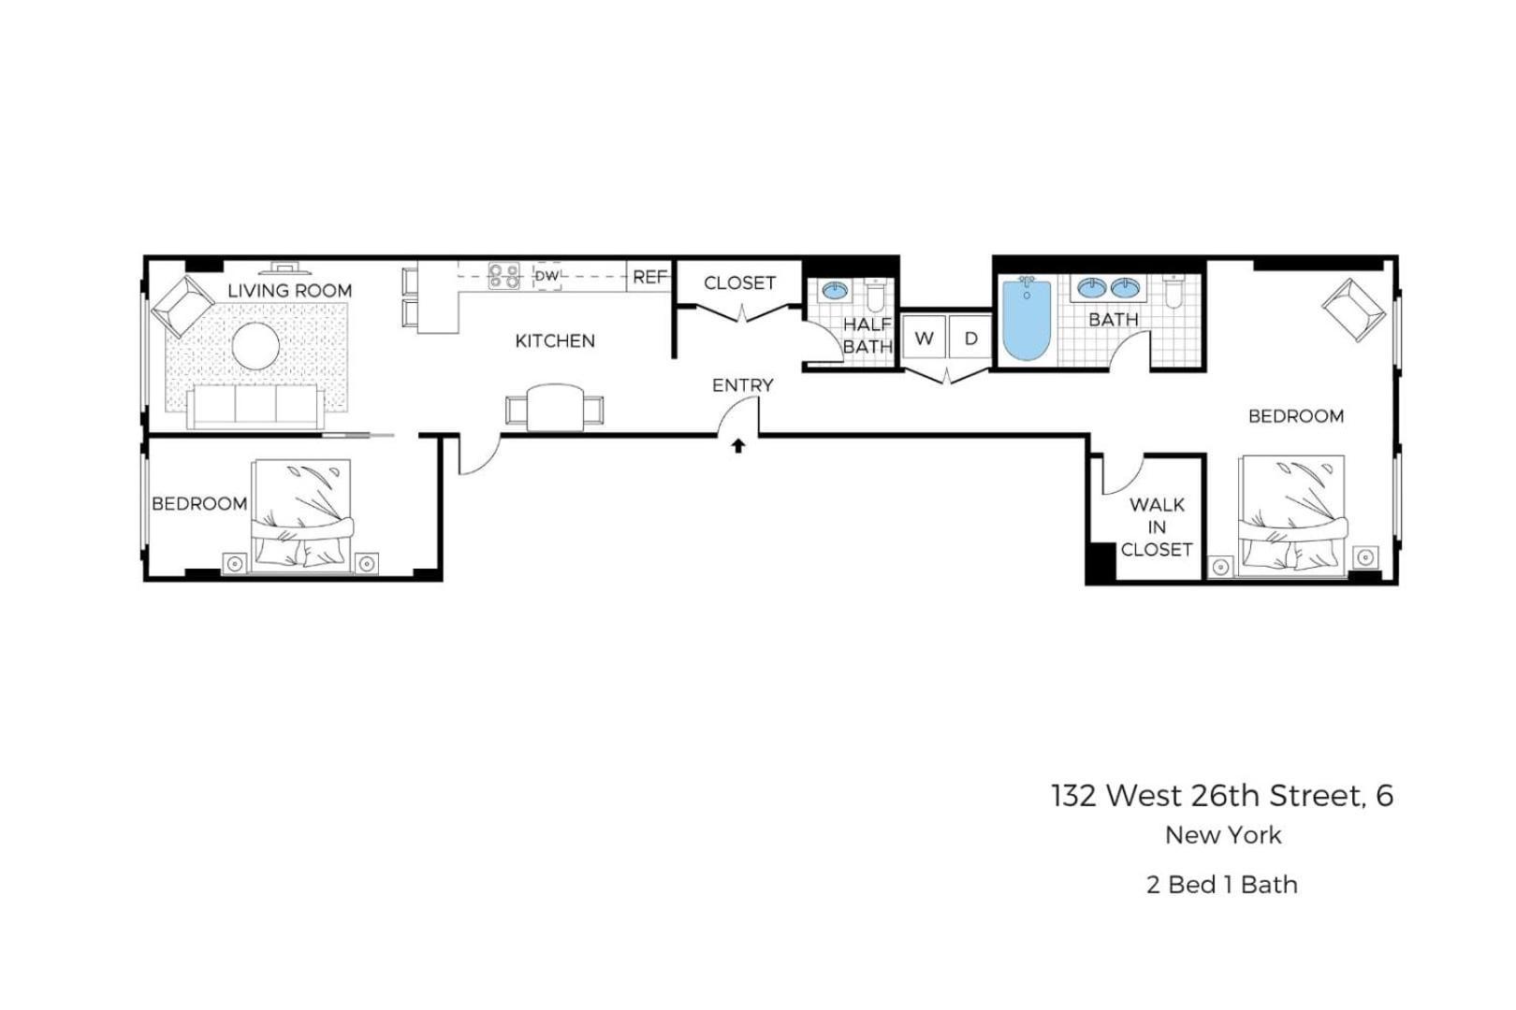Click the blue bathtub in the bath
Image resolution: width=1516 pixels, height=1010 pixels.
[1027, 320]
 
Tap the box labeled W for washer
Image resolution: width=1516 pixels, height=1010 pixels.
[924, 339]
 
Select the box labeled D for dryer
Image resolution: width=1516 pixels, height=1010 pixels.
[970, 339]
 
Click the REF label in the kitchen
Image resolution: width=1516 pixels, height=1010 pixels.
[649, 277]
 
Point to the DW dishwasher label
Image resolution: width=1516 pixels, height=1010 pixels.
[547, 276]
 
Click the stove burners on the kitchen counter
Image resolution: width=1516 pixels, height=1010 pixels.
[504, 276]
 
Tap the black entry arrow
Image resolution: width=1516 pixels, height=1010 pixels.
[738, 446]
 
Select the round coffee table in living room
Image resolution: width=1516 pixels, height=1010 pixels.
[255, 346]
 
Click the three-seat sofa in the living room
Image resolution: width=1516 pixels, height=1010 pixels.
[255, 406]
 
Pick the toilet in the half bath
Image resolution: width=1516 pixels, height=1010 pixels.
[876, 296]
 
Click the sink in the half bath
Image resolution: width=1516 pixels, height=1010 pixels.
[835, 291]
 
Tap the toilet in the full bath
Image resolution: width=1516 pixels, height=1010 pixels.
[1173, 292]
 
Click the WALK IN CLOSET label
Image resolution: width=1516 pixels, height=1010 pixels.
[1157, 527]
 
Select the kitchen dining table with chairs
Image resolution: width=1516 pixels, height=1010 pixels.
[555, 408]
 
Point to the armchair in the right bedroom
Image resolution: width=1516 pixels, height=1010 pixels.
[1353, 310]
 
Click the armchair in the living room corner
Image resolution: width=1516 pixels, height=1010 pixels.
[183, 306]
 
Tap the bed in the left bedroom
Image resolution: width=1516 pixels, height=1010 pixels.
[301, 514]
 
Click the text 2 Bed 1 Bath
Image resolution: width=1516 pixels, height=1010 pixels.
[1221, 884]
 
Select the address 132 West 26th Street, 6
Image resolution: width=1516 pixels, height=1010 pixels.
[1221, 795]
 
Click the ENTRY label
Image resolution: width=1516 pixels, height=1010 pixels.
[742, 384]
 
